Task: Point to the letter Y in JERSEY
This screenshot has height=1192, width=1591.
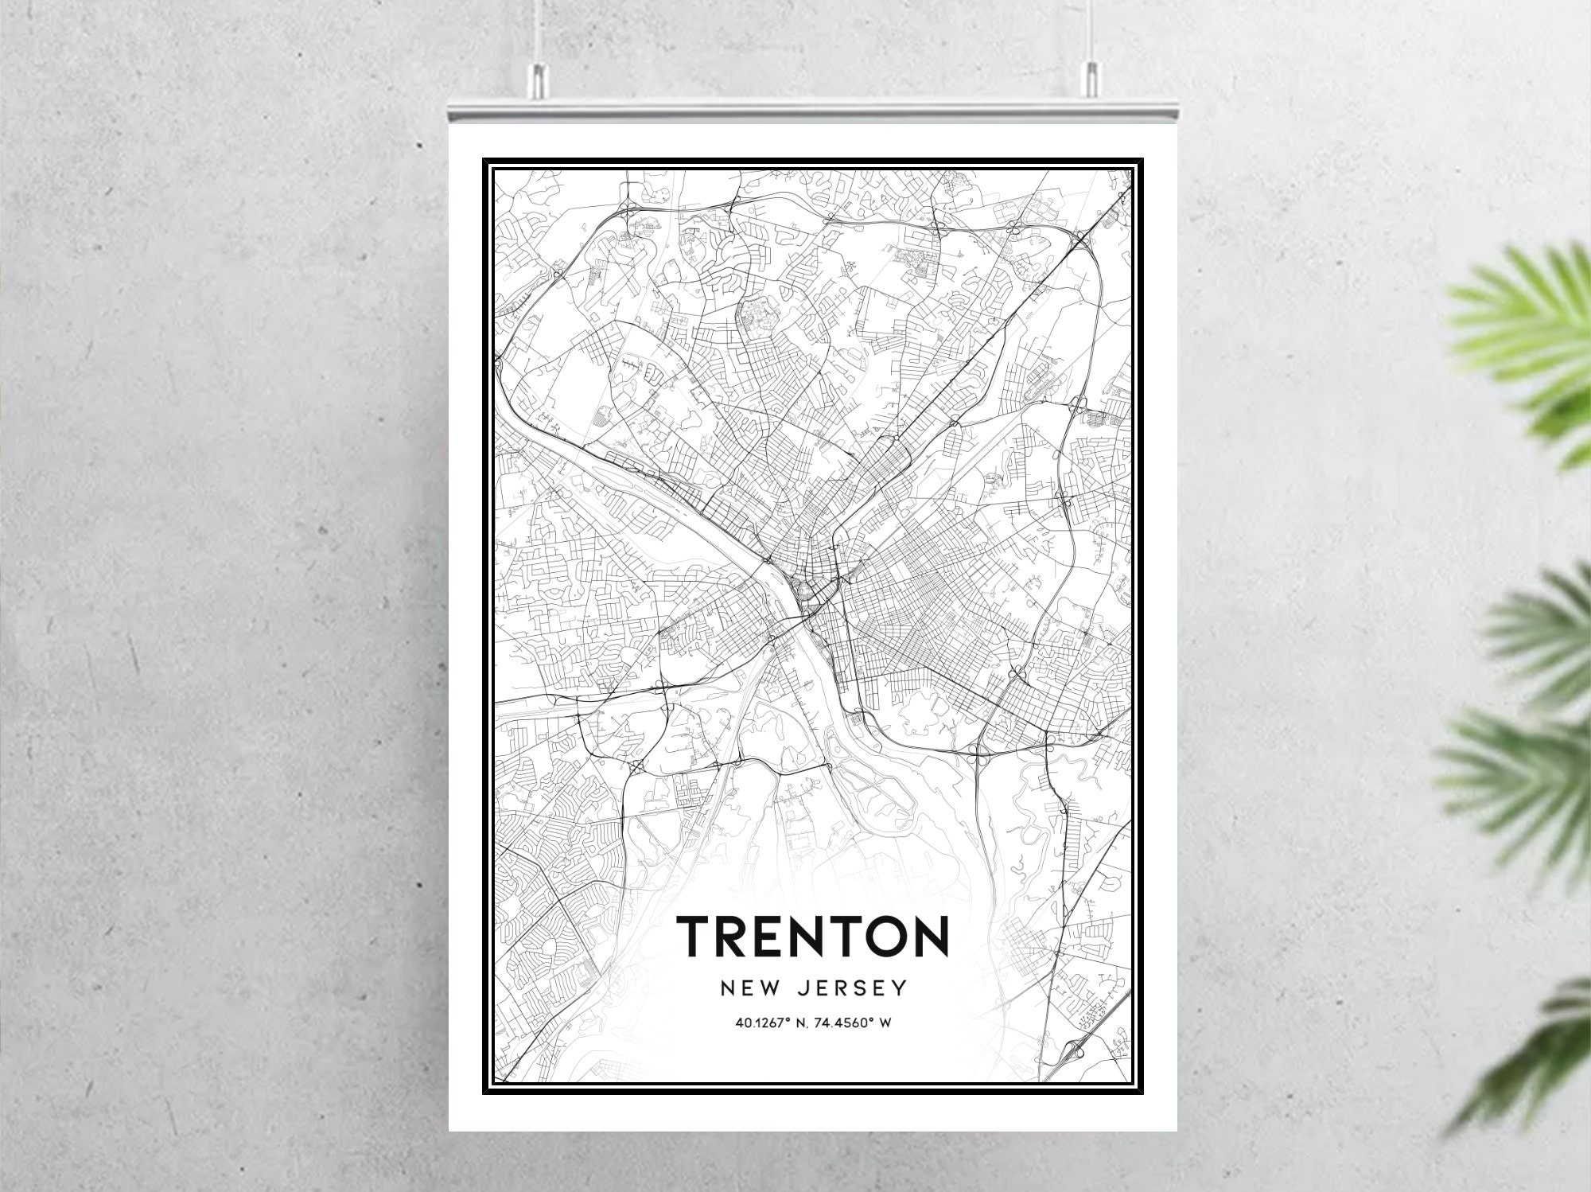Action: (x=900, y=988)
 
